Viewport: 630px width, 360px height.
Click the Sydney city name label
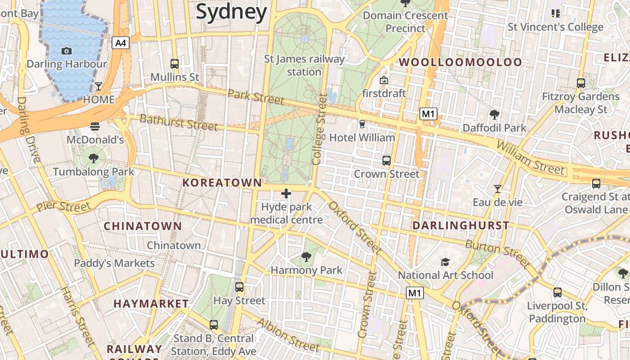point(231,12)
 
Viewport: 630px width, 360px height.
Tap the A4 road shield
point(121,43)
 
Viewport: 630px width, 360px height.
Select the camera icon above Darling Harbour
point(67,51)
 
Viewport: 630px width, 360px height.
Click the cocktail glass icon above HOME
point(99,86)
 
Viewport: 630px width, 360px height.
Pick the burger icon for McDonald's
point(94,126)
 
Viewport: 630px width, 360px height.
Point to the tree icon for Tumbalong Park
point(94,158)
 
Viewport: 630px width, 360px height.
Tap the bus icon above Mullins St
point(175,63)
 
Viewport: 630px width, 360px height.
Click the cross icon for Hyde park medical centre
point(286,193)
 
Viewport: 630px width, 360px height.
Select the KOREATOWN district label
point(222,183)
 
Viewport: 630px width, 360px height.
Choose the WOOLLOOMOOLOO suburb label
point(461,62)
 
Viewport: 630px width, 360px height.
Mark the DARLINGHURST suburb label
point(461,225)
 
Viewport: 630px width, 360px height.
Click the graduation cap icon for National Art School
point(445,262)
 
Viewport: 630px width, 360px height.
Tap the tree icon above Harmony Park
point(306,257)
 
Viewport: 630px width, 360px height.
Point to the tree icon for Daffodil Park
point(495,115)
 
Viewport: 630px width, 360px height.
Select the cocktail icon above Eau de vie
point(497,189)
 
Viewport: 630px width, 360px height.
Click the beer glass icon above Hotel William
point(362,124)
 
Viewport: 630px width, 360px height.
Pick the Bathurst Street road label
point(179,122)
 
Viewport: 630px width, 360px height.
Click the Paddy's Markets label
point(114,263)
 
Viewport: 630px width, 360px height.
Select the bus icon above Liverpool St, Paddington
point(558,292)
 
